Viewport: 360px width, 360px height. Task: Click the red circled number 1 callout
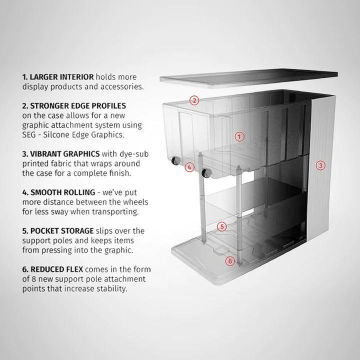(239, 136)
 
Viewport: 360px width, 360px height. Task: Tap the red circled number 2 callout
(195, 100)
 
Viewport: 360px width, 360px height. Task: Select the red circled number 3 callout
(321, 164)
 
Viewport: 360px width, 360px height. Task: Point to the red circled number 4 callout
(189, 167)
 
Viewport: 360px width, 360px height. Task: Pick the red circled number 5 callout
(222, 226)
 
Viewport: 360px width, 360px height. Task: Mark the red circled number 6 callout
(229, 260)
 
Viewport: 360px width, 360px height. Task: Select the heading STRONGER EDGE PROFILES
(73, 106)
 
